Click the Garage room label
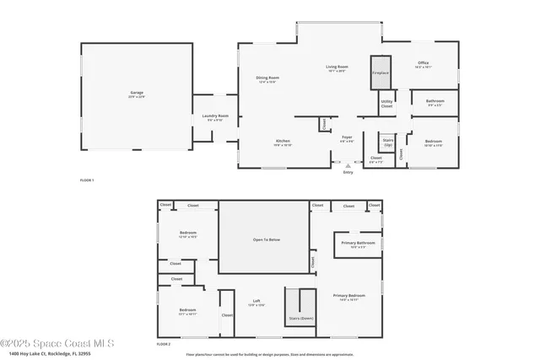[136, 94]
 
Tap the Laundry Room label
[215, 117]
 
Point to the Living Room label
[337, 68]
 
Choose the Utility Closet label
[386, 104]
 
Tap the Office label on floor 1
[424, 63]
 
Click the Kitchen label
[283, 142]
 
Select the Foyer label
[347, 138]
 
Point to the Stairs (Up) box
[387, 142]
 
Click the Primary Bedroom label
[348, 297]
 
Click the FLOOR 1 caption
[87, 180]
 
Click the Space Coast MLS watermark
[57, 343]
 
